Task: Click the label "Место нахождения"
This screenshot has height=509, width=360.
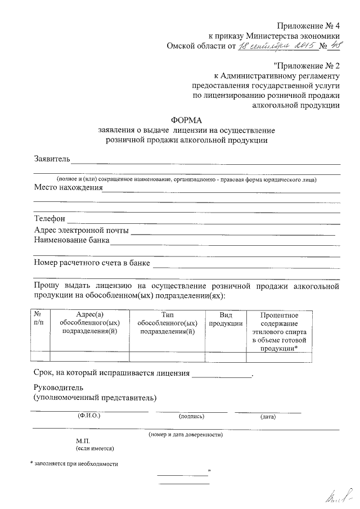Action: coord(68,188)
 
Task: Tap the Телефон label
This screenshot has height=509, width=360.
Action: coord(49,218)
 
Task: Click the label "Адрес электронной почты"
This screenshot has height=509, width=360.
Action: coord(82,231)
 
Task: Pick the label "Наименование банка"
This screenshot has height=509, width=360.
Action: coord(72,241)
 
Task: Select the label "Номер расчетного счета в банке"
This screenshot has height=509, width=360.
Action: coord(92,262)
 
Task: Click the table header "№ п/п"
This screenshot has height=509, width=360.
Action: coord(39,319)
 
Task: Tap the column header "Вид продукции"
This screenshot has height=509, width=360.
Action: coord(226,319)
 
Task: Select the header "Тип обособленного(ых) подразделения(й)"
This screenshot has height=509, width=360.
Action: coord(167,323)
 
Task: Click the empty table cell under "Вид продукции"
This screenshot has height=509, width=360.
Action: coord(226,355)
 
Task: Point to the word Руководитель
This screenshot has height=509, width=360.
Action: coord(58,388)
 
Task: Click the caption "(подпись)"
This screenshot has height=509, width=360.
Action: coord(191,417)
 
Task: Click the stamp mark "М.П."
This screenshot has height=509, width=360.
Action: coord(83,442)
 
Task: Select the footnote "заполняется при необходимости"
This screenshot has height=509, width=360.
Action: coord(76,464)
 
